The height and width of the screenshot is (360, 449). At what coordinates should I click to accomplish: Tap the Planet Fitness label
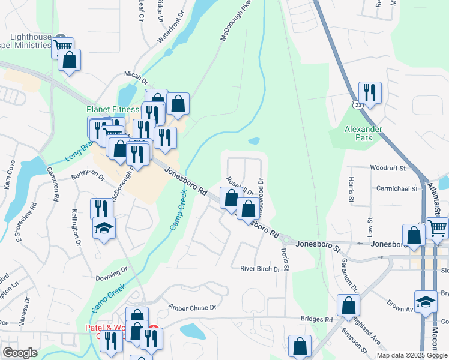pyautogui.click(x=113, y=110)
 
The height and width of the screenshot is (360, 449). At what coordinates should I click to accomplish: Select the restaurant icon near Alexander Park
pyautogui.click(x=369, y=92)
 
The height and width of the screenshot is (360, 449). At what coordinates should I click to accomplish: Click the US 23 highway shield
pyautogui.click(x=358, y=105)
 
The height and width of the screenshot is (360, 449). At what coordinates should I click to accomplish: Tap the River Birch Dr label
pyautogui.click(x=260, y=269)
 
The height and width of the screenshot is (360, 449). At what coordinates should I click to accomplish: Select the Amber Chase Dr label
pyautogui.click(x=192, y=307)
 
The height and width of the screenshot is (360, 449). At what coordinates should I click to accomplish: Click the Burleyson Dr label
pyautogui.click(x=88, y=178)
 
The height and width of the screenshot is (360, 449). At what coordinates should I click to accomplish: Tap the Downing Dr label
pyautogui.click(x=109, y=277)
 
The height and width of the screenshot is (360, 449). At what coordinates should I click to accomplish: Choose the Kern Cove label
pyautogui.click(x=10, y=175)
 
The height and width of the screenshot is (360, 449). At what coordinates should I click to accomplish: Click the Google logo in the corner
pyautogui.click(x=20, y=352)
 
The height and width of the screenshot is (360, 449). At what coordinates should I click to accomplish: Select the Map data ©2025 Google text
pyautogui.click(x=412, y=355)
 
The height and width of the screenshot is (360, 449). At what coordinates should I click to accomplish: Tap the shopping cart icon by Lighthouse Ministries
pyautogui.click(x=62, y=46)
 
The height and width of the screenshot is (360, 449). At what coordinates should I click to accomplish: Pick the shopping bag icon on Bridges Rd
pyautogui.click(x=348, y=305)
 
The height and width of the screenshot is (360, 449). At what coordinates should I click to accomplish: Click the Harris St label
pyautogui.click(x=351, y=189)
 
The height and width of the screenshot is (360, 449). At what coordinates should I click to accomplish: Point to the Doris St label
pyautogui.click(x=285, y=260)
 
